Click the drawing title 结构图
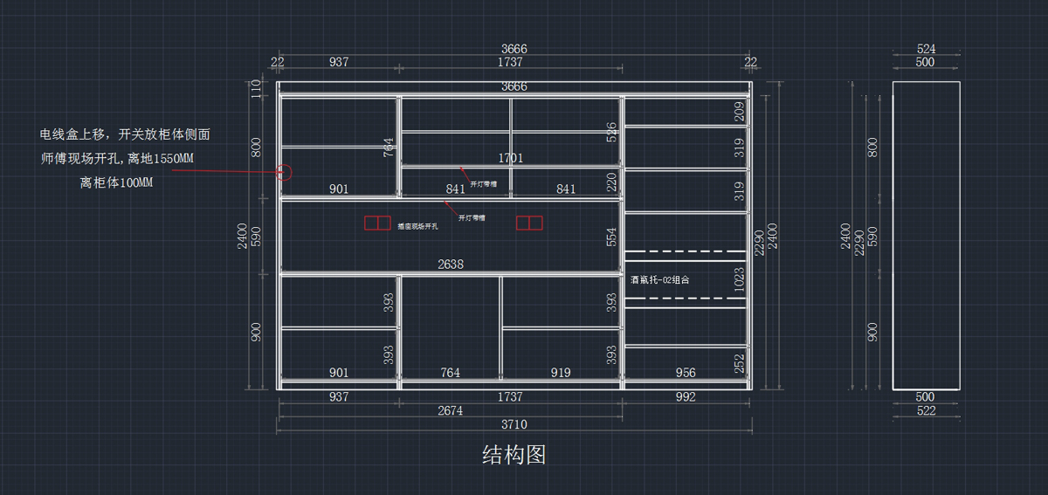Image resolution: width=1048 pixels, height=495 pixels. pos(514,454)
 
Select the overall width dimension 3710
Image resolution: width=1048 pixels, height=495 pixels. pos(514,424)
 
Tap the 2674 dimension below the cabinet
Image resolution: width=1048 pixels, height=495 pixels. pos(450,410)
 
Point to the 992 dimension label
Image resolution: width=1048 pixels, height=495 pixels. pos(686,397)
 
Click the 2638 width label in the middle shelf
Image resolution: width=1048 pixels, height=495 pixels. pos(451,264)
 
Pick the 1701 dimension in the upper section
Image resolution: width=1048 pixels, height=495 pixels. pos(511,158)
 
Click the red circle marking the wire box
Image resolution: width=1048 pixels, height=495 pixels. pos(285,171)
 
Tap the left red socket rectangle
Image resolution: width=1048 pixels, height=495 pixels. pos(377,223)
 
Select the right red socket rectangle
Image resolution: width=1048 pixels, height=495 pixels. pos(529,223)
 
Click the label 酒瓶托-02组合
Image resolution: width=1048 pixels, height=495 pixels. pos(659,280)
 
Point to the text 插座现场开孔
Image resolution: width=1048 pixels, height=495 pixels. pos(417,226)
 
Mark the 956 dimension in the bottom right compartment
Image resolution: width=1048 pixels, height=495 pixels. pos(686,373)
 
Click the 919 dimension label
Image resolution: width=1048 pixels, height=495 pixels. pos(561,373)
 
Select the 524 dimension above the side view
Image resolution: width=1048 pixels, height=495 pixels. pos(926,50)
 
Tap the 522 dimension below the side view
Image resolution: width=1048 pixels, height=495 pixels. pos(926,410)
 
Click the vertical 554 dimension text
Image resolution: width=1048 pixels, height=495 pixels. pos(611,237)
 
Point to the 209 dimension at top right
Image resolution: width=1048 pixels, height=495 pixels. pos(740,111)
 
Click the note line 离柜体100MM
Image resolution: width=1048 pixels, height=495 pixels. pos(115,182)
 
